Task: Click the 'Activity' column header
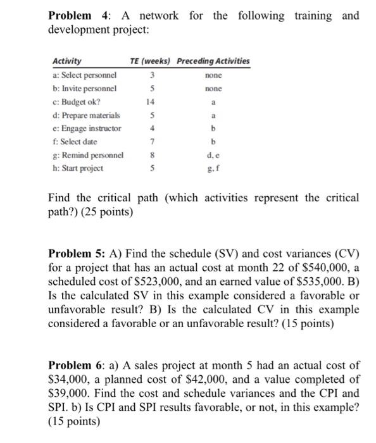[66, 61]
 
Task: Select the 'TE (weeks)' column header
[150, 61]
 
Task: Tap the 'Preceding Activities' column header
[213, 61]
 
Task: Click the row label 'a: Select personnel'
[85, 75]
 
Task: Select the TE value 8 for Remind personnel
[151, 155]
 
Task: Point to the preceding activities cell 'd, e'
[213, 155]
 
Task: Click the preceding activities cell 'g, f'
[213, 168]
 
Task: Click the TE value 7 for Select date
[151, 142]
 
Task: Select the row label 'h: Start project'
[78, 168]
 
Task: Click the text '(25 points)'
[107, 213]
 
